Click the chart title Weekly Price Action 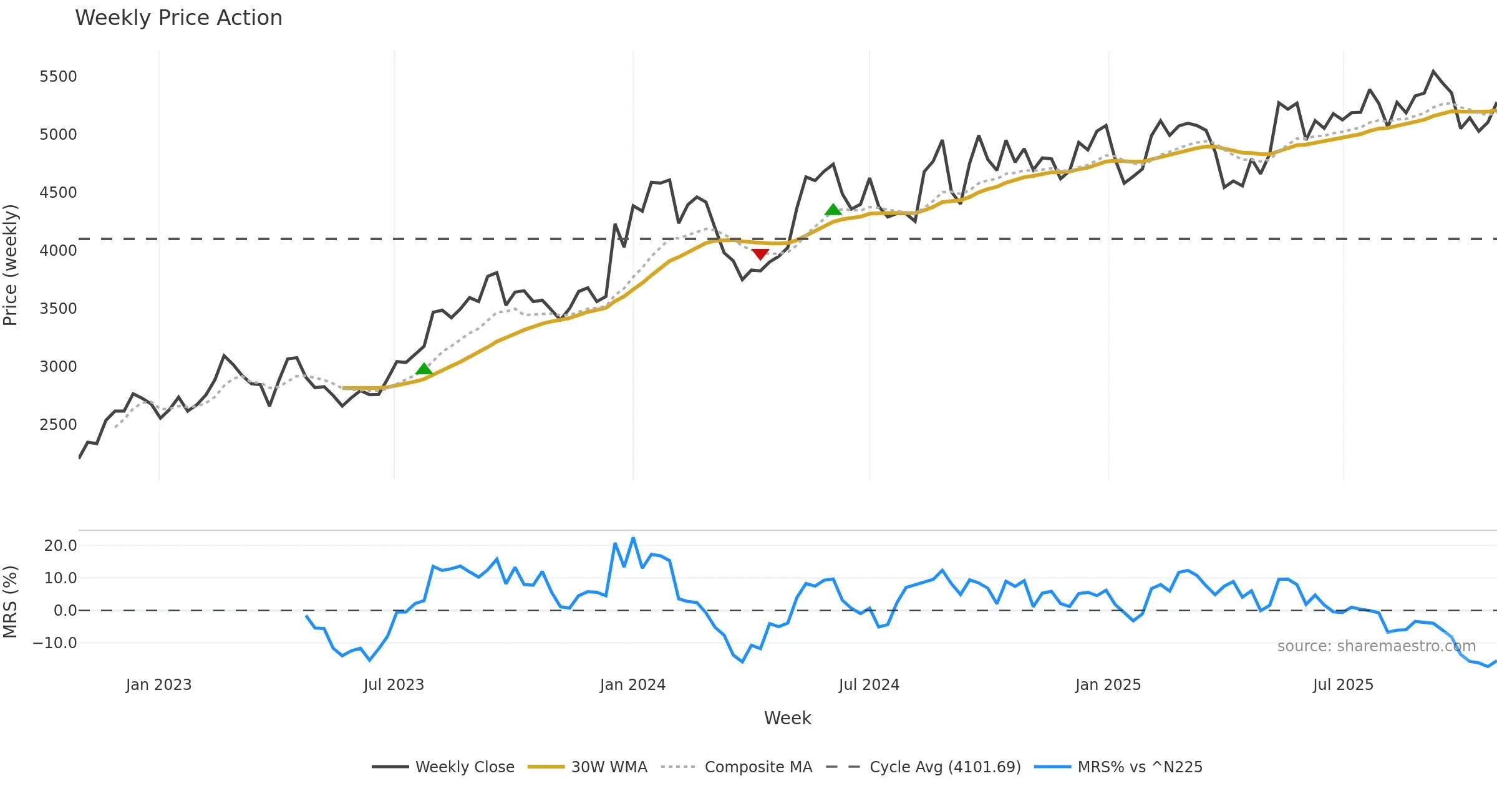pos(178,18)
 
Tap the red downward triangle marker pos(760,254)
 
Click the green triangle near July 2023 pos(424,369)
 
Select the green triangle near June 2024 pos(833,210)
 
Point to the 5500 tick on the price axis pos(58,77)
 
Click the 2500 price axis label pos(58,425)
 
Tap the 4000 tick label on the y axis pos(58,251)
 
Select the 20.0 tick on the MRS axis pos(61,546)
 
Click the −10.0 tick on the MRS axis pos(55,643)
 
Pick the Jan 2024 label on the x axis pos(632,685)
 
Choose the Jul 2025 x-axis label pos(1343,685)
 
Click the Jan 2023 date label pos(158,685)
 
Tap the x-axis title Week pos(787,719)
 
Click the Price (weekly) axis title pos(11,265)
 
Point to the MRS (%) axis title pos(11,602)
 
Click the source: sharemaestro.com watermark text pos(1376,646)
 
